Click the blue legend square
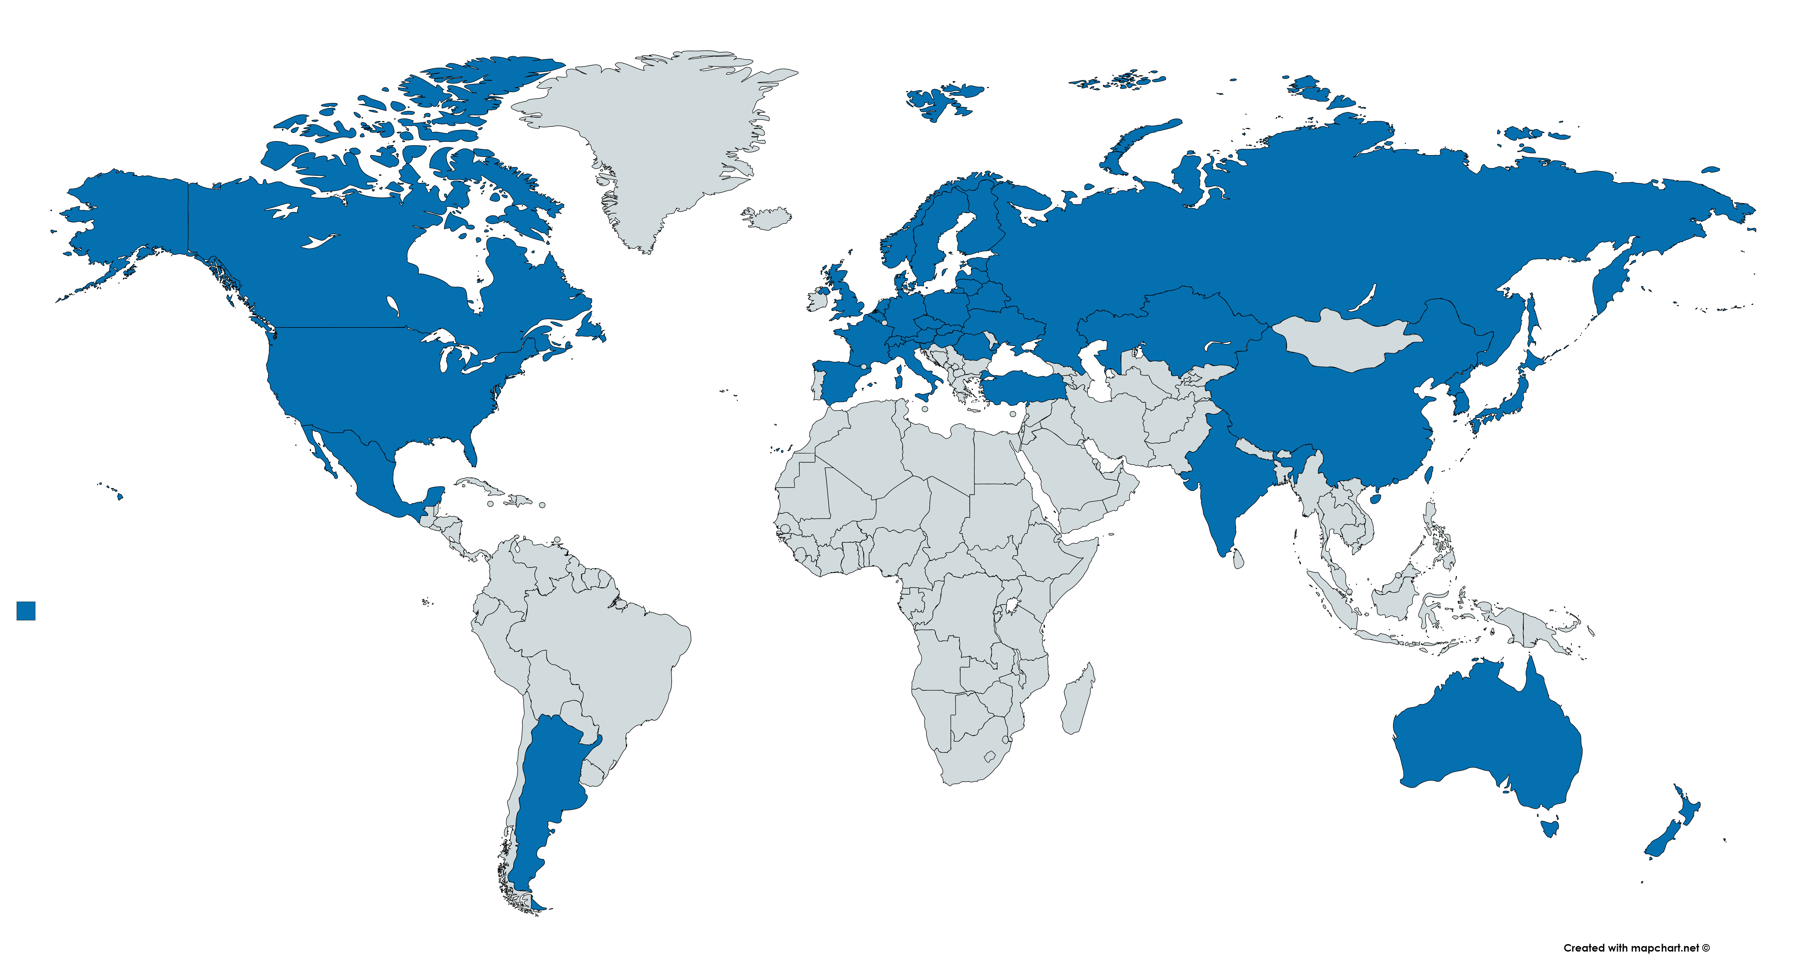point(26,610)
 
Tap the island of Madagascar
point(1077,702)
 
